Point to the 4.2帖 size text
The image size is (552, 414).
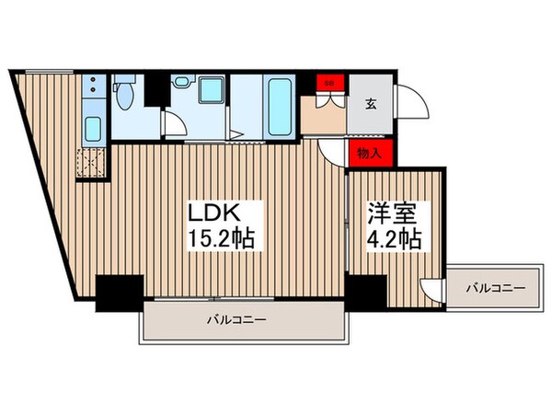pos(395,240)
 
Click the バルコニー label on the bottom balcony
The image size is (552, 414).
pos(236,322)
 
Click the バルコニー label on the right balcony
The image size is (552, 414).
pos(494,289)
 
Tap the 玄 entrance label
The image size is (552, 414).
pos(368,103)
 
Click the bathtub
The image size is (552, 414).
pos(278,104)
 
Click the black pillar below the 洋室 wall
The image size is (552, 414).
pos(365,291)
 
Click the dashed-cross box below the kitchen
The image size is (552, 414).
pos(92,164)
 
